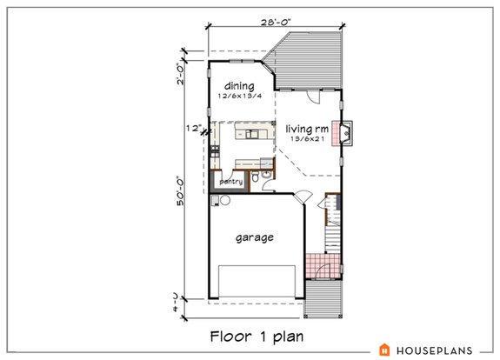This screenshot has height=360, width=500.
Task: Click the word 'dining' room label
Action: click(238, 86)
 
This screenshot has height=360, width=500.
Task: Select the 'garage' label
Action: click(255, 237)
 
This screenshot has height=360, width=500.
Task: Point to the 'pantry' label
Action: click(230, 182)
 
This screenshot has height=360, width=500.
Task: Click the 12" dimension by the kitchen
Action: click(193, 128)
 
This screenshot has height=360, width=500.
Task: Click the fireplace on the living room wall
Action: click(345, 132)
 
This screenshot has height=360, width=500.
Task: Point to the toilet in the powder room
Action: click(252, 179)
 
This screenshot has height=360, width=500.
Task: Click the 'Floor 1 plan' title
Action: click(250, 335)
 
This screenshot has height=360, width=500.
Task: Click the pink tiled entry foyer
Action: click(326, 264)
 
